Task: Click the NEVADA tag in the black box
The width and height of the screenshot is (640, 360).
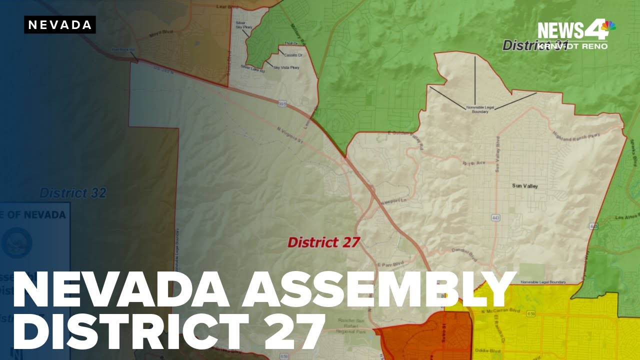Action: pos(59,25)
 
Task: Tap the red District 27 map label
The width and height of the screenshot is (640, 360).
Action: pos(323,242)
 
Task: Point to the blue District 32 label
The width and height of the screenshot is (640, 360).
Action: pos(72,193)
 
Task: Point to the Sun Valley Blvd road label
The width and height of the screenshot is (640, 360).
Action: pos(498,154)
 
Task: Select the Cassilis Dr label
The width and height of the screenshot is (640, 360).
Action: pos(293,55)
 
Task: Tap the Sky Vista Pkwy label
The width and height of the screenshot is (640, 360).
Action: pos(286,67)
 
